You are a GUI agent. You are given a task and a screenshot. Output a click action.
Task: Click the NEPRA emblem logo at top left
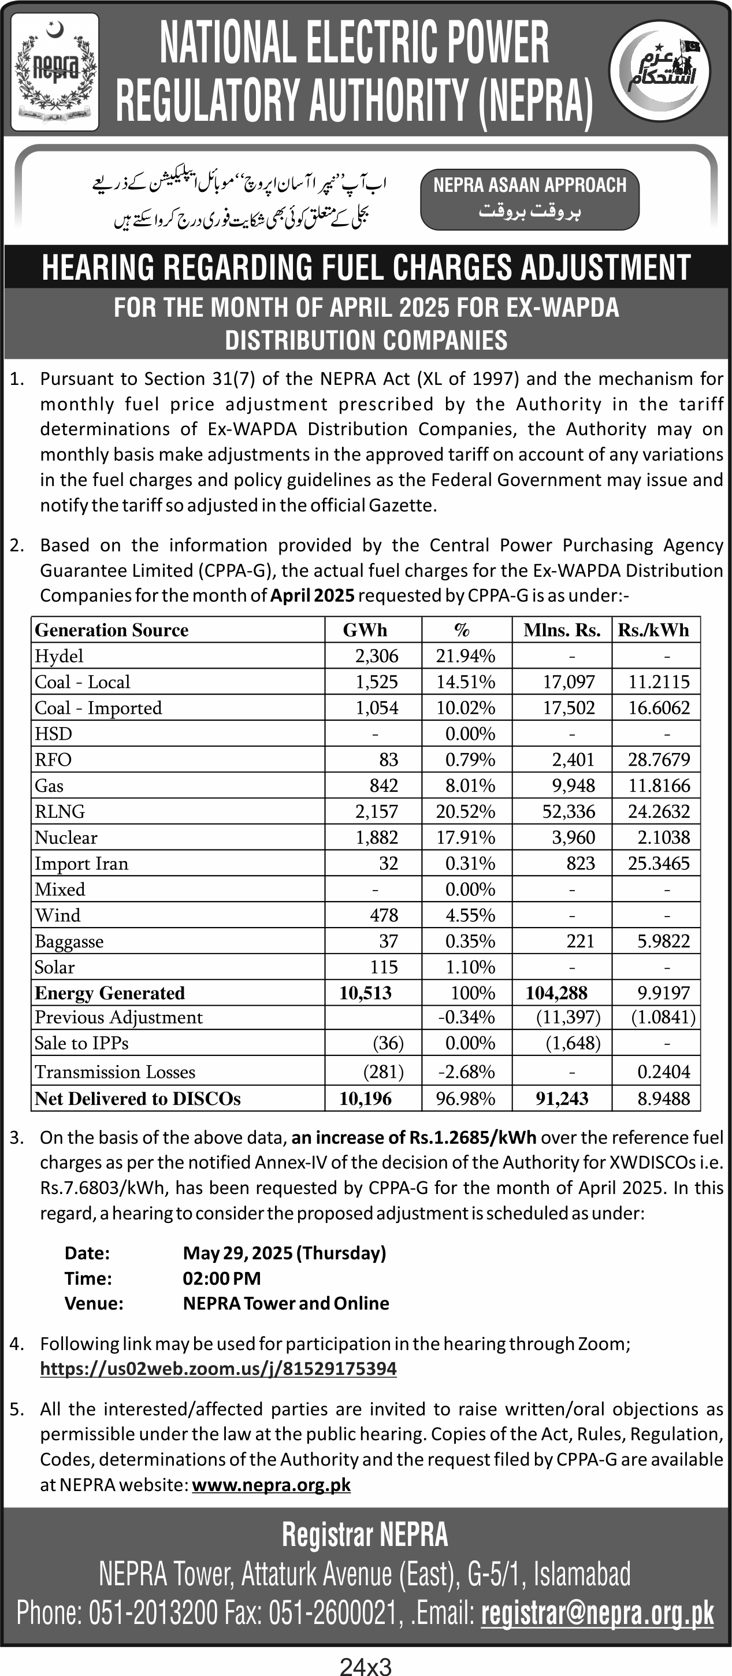(55, 72)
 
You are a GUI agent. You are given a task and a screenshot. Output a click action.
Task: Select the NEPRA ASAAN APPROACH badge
(530, 198)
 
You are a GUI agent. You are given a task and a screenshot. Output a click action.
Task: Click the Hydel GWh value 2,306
(377, 656)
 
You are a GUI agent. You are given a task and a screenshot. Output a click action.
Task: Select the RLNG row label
(60, 811)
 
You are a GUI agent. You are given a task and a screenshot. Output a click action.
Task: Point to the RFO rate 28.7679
(659, 759)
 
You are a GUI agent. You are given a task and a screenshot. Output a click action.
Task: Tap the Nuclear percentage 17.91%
(465, 837)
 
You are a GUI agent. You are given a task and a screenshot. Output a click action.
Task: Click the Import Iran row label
(81, 863)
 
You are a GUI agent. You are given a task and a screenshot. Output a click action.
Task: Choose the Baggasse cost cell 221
(581, 941)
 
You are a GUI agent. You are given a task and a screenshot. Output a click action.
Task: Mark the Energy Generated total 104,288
(556, 993)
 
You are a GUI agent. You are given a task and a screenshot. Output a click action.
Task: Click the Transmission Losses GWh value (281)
(383, 1071)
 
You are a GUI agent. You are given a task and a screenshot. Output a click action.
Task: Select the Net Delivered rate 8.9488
(664, 1099)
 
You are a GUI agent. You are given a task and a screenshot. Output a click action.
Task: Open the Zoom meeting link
(218, 1369)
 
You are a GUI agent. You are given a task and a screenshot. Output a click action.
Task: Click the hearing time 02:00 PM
(221, 1278)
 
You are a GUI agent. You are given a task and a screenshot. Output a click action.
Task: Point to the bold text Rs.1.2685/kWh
(473, 1137)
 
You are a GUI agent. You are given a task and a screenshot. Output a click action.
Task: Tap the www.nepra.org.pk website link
(272, 1485)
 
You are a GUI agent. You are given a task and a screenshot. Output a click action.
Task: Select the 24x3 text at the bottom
(366, 1666)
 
